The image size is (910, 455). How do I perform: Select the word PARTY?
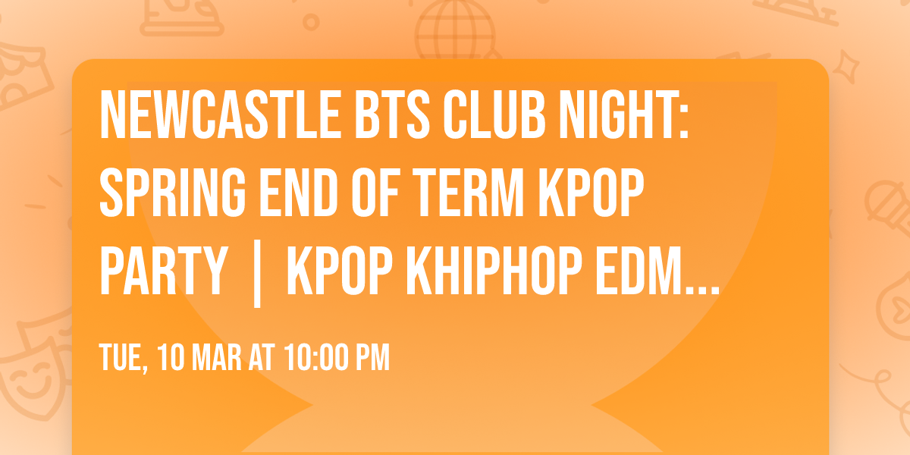tap(163, 272)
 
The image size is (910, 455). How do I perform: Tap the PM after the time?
tap(374, 357)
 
